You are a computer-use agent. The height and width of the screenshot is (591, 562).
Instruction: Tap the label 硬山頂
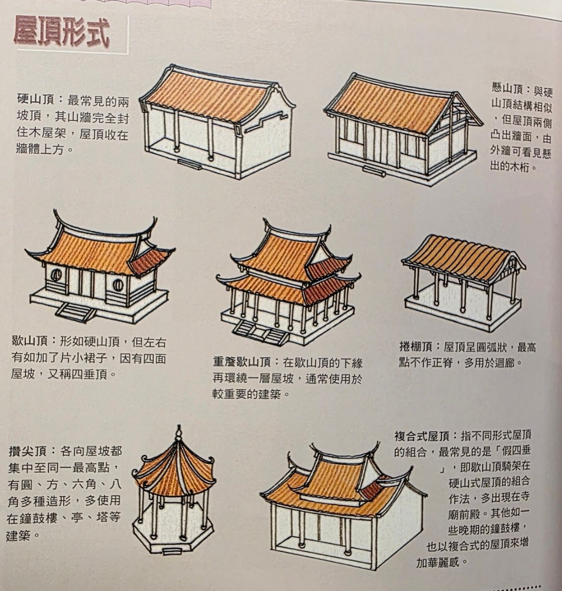click(x=36, y=101)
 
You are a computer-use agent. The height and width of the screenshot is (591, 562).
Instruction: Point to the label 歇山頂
click(x=30, y=342)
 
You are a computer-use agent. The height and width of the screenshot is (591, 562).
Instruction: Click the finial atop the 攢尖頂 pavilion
click(x=179, y=433)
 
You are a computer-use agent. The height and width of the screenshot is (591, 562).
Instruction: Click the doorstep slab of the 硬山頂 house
click(x=190, y=164)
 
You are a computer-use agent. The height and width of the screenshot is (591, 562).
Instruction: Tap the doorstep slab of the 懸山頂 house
click(x=374, y=171)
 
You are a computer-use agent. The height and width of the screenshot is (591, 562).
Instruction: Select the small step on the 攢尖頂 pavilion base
click(x=170, y=551)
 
